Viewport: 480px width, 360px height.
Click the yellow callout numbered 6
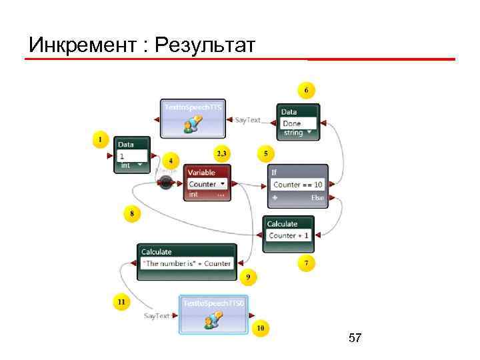pyautogui.click(x=306, y=89)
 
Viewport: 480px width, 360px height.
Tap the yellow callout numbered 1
pyautogui.click(x=100, y=140)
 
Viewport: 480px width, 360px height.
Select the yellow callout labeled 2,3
pyautogui.click(x=221, y=153)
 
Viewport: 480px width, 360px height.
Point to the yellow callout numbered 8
pyautogui.click(x=132, y=214)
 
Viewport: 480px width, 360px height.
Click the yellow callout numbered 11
pyautogui.click(x=121, y=302)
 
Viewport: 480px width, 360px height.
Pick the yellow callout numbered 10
pyautogui.click(x=261, y=328)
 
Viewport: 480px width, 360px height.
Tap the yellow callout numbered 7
pyautogui.click(x=306, y=263)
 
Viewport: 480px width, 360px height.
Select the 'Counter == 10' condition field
pyautogui.click(x=297, y=184)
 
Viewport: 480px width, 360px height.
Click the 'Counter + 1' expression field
pyautogui.click(x=289, y=235)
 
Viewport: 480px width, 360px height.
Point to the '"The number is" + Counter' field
pyautogui.click(x=187, y=263)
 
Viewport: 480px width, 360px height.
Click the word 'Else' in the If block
pyautogui.click(x=317, y=198)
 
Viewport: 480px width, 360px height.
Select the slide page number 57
pyautogui.click(x=355, y=339)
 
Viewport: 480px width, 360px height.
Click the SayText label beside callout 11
pyautogui.click(x=157, y=315)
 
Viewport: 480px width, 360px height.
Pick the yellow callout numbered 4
pyautogui.click(x=171, y=161)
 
